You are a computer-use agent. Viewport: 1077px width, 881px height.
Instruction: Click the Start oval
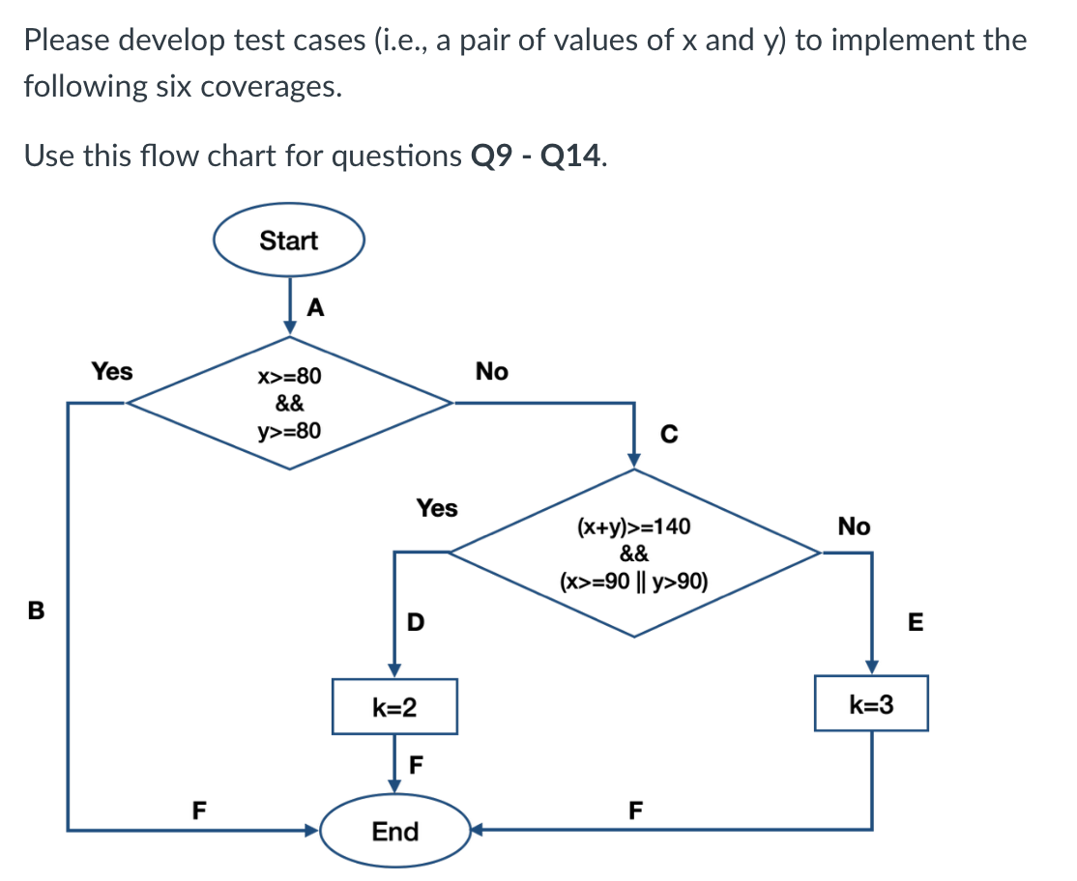coord(288,241)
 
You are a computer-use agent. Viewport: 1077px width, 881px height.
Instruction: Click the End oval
coord(394,831)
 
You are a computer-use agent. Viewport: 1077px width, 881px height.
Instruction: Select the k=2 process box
coord(394,707)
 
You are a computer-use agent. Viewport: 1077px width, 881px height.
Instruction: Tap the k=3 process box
coord(870,704)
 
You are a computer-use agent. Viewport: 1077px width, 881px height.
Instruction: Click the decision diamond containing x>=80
coord(290,403)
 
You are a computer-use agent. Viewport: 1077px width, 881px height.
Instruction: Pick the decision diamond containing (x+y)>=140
coord(634,554)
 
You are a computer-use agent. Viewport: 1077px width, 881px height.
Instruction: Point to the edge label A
coord(315,308)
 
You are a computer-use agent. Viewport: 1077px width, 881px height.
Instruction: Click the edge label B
coord(37,611)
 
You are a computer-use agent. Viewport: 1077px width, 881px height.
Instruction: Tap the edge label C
coord(668,437)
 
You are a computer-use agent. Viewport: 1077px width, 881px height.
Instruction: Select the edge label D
coord(415,621)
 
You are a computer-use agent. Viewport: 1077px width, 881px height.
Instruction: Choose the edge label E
coord(916,623)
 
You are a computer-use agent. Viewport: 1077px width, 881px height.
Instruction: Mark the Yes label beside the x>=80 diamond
coord(112,371)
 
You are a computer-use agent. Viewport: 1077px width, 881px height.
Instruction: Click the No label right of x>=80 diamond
coord(491,371)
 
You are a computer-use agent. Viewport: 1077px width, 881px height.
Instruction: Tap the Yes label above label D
coord(437,507)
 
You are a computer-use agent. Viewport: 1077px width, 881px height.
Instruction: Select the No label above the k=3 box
coord(854,526)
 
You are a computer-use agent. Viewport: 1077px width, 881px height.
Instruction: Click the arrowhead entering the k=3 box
coord(871,668)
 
